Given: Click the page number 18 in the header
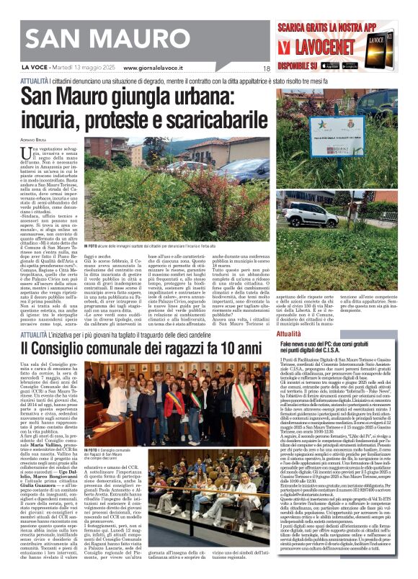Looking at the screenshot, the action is (266, 68).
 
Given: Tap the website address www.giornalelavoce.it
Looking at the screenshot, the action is (154, 68).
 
